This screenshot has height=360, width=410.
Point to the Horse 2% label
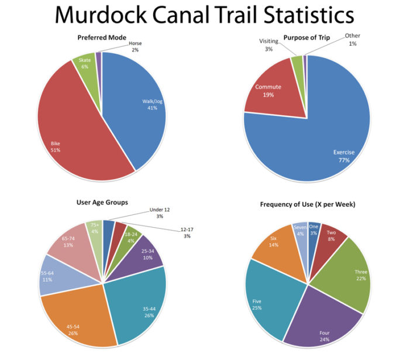[135, 46]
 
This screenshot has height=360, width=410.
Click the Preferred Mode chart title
[101, 38]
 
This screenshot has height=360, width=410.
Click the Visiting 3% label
[269, 45]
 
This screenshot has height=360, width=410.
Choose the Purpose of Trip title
[307, 38]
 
